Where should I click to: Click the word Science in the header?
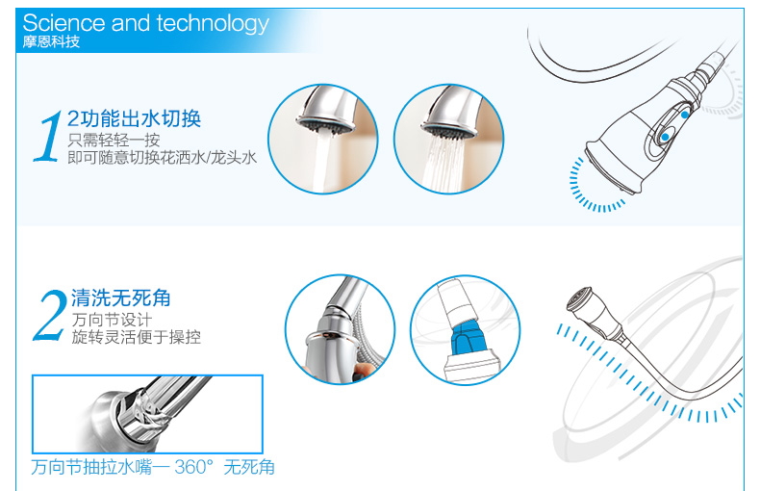(x=64, y=23)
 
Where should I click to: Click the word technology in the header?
(x=213, y=24)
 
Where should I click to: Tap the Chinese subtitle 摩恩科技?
(x=51, y=41)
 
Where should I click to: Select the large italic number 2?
(x=49, y=316)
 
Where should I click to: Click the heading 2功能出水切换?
(x=134, y=118)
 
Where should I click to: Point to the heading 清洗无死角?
(x=120, y=297)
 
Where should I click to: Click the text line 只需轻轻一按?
(x=114, y=141)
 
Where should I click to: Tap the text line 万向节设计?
(x=112, y=320)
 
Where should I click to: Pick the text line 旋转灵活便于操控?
(x=136, y=337)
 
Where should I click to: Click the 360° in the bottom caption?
(x=193, y=467)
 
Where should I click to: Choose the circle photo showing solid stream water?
(x=323, y=140)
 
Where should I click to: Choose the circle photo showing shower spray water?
(x=449, y=140)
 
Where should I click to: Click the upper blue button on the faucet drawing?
(x=684, y=115)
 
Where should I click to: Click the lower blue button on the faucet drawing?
(x=666, y=138)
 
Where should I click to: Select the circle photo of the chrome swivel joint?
(x=340, y=330)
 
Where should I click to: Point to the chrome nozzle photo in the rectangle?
(x=147, y=414)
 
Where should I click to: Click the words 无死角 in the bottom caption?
(x=249, y=467)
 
